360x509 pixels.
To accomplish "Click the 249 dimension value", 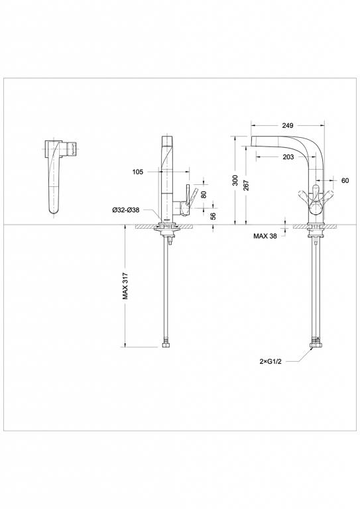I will tap(287, 125).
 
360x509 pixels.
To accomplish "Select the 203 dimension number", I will tap(287, 156).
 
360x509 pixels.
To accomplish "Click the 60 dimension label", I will tap(345, 180).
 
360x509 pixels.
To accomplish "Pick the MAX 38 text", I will tap(264, 235).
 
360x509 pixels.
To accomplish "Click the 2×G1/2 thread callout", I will tap(272, 362).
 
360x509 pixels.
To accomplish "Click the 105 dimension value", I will tap(137, 172).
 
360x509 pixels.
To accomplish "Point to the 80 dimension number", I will tap(203, 195).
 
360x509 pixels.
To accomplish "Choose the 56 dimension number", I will tap(212, 216).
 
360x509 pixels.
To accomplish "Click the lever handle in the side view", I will tap(188, 197).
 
